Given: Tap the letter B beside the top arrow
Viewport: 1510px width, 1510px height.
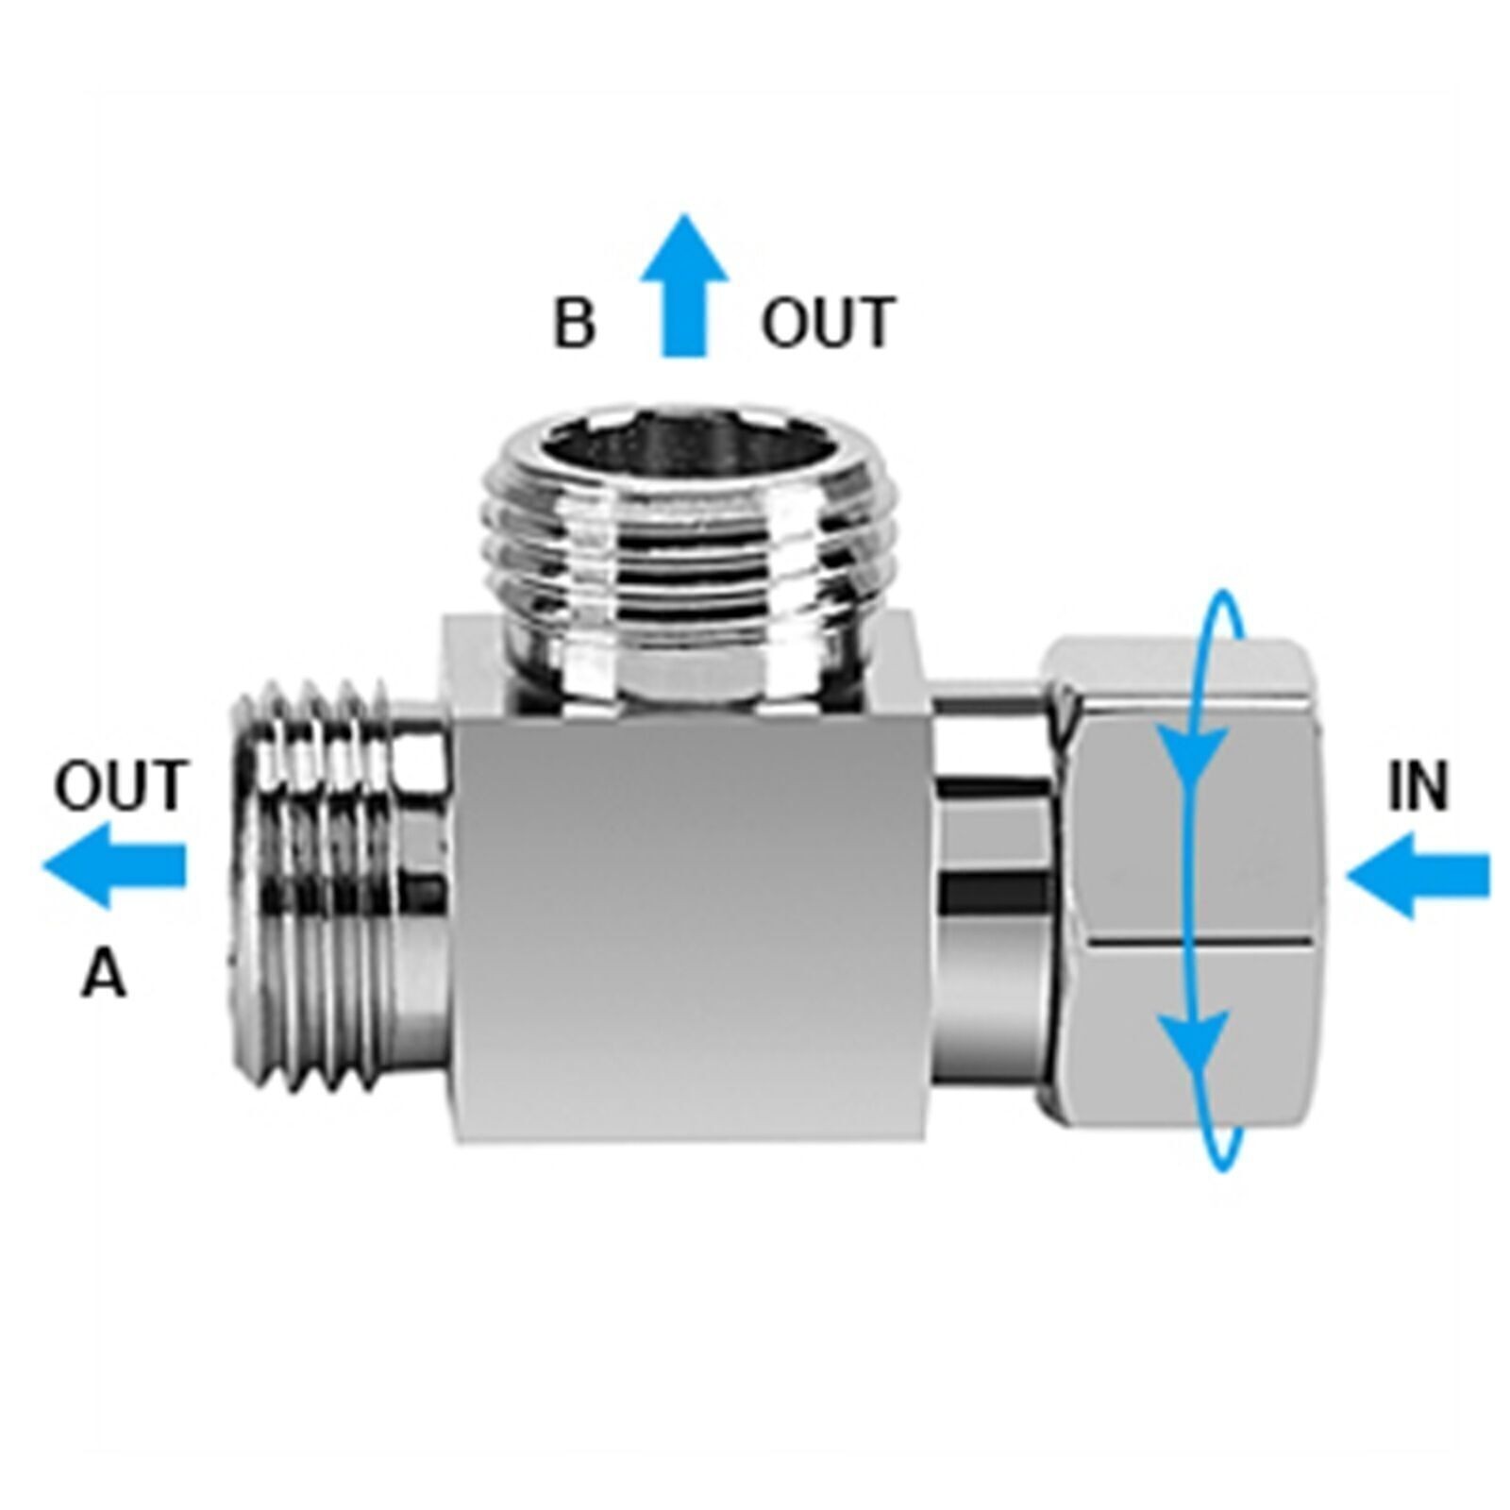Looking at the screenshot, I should (574, 322).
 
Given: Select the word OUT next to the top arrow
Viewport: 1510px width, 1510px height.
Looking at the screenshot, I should (827, 322).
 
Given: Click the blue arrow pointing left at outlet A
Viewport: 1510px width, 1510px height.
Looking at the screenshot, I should (113, 864).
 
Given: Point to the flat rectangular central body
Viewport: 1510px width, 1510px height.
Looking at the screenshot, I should (689, 930).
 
